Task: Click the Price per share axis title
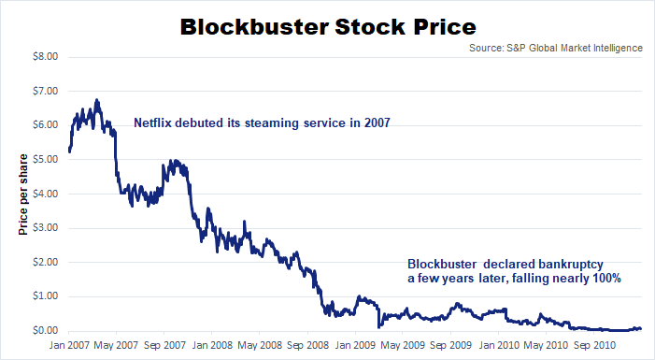(x=21, y=193)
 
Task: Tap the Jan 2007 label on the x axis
(x=68, y=345)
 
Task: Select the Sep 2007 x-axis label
(x=164, y=345)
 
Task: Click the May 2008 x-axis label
(x=260, y=345)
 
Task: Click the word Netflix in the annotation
(x=154, y=122)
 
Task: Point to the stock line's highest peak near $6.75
(x=97, y=99)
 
